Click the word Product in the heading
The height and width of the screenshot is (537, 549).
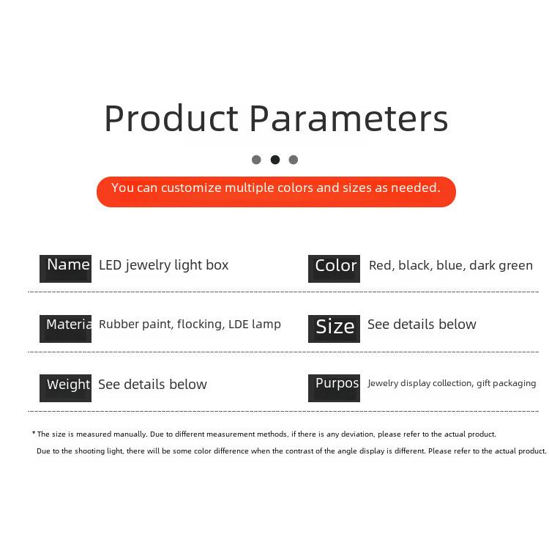(171, 119)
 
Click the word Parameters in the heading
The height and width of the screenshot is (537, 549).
(349, 119)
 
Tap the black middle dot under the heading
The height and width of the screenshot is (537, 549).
(275, 160)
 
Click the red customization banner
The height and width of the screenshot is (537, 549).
(276, 192)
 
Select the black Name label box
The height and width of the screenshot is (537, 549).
(65, 269)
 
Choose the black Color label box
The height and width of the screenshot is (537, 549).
(334, 269)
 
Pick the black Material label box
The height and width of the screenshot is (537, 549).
(65, 329)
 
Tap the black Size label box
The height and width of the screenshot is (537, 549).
(334, 329)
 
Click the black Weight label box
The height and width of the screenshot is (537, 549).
(65, 388)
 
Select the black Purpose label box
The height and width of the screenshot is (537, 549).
(334, 388)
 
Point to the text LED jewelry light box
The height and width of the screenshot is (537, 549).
(163, 265)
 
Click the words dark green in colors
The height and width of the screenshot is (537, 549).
(501, 266)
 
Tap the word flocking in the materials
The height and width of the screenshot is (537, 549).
(201, 325)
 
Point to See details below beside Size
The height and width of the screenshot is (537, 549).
(422, 325)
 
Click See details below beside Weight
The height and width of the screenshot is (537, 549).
(153, 385)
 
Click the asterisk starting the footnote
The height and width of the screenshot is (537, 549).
(34, 433)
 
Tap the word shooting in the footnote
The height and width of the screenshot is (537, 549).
(89, 451)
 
